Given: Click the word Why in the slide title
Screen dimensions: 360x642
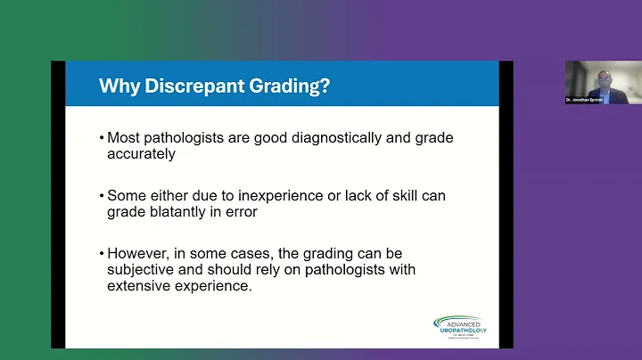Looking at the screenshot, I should click(117, 86).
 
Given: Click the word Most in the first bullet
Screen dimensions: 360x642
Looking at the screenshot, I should click(124, 138).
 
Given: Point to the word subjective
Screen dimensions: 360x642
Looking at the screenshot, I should click(140, 267).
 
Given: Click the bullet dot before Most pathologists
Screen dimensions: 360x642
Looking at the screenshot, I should click(102, 139).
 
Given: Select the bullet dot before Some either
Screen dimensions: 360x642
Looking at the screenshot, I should click(102, 195).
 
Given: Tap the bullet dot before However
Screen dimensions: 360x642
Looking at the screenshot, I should click(102, 252).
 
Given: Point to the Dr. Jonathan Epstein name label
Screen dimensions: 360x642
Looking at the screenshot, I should click(585, 100).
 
